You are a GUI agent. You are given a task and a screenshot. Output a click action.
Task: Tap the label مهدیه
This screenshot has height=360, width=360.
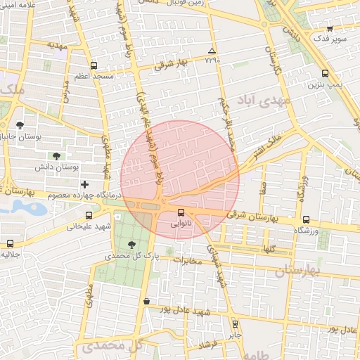(57, 45)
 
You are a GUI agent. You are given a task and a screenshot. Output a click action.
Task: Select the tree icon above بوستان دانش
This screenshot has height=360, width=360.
(56, 156)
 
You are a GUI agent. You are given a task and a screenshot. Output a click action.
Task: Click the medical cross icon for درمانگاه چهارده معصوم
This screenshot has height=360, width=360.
(85, 184)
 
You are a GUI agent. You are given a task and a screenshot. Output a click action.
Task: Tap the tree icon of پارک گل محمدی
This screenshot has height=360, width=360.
(132, 245)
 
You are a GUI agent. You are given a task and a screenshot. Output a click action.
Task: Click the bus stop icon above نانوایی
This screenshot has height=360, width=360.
(181, 212)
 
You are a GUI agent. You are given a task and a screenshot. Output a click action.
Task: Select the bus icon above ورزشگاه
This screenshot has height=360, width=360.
(304, 220)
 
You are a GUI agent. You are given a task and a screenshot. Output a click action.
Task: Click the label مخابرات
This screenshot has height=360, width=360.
(187, 262)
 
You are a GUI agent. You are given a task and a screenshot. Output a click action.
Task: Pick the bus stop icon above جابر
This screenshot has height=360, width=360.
(235, 324)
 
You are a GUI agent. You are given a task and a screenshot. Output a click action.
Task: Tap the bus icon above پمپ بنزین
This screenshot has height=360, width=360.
(324, 73)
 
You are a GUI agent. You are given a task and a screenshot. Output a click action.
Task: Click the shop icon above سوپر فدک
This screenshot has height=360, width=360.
(330, 29)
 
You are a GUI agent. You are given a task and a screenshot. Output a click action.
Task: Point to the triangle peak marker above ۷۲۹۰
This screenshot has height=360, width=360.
(212, 51)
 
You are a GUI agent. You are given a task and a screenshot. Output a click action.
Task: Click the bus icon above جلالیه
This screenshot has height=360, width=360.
(10, 243)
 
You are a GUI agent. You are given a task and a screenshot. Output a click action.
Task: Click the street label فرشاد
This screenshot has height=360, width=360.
(207, 345)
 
